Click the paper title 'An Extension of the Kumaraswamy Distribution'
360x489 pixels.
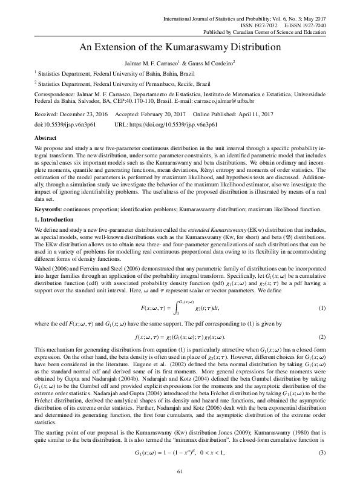pos(180,47)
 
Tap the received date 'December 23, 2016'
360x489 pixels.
pos(81,114)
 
